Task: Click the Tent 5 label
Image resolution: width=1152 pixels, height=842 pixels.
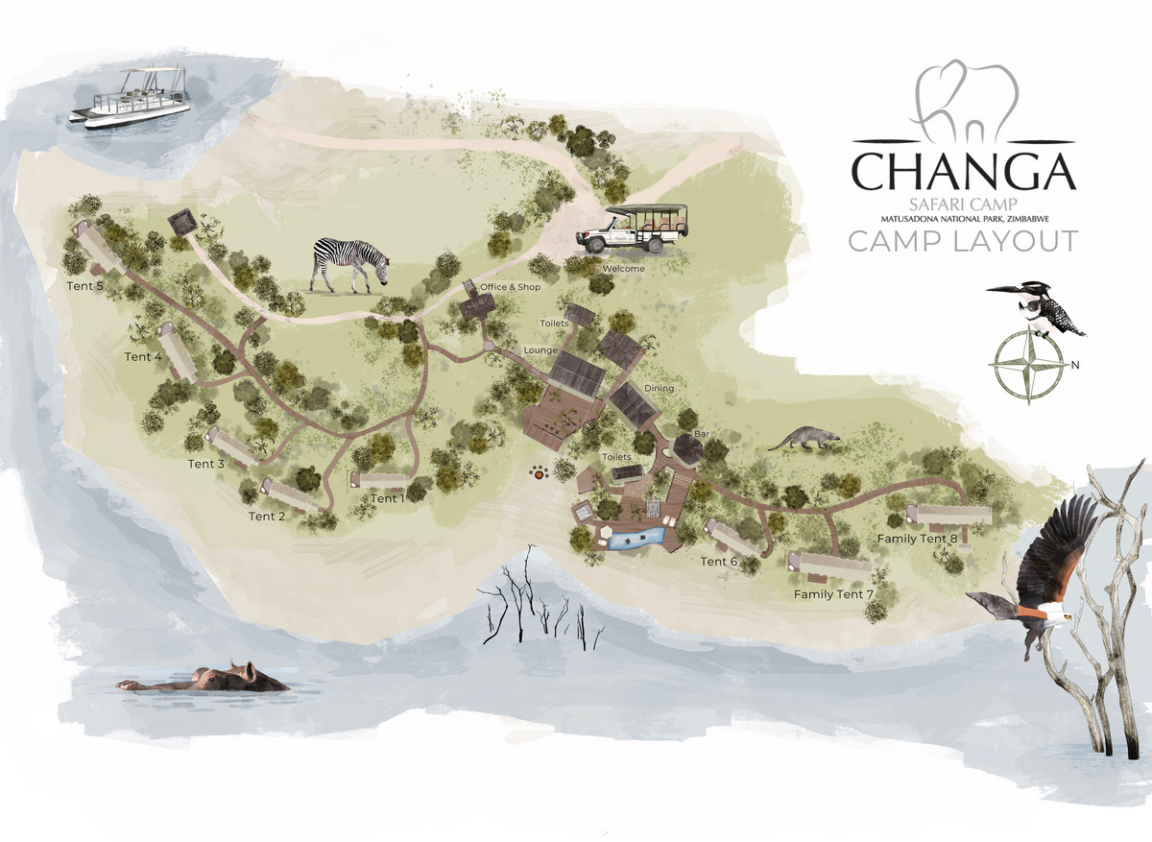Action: [x=84, y=285]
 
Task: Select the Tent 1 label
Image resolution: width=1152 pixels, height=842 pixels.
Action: [x=388, y=498]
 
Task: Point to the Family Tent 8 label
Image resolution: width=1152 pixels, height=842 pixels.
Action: [x=917, y=539]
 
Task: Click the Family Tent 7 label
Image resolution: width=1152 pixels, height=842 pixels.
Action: [x=833, y=595]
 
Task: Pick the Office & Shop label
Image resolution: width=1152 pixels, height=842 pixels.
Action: [x=511, y=287]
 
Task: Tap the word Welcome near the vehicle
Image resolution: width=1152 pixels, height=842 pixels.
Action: [x=623, y=269]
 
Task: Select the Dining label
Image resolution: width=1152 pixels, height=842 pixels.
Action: [x=659, y=388]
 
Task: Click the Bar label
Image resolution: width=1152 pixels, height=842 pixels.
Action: [x=701, y=435]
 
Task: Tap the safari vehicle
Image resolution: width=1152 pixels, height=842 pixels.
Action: [x=633, y=229]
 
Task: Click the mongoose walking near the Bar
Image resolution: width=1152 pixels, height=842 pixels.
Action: [x=804, y=440]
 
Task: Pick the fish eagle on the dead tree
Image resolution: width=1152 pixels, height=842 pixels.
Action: [x=1037, y=576]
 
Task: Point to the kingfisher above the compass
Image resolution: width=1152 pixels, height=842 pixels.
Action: [x=1042, y=307]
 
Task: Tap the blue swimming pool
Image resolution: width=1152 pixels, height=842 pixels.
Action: [x=635, y=537]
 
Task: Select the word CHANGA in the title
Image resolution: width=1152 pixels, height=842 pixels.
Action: [x=963, y=170]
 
